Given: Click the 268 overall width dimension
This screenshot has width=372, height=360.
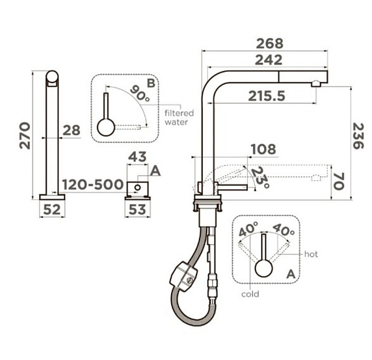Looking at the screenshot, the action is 270,43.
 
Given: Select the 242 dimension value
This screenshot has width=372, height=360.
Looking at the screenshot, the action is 268,60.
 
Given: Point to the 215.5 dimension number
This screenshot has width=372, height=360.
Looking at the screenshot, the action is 267,96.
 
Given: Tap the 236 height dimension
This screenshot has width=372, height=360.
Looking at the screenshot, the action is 358,136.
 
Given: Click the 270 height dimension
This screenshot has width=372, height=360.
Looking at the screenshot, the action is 25,135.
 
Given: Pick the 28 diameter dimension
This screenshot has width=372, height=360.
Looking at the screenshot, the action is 72,130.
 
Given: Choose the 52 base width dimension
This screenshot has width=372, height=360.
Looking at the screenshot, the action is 52,210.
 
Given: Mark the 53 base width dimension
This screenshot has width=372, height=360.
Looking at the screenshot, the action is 138,210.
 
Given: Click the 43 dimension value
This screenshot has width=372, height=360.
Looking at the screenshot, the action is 138,157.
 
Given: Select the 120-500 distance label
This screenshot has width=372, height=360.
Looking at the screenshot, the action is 93,184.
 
